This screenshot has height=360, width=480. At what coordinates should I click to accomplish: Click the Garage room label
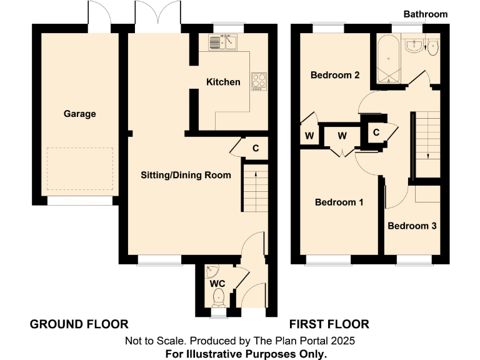click(79, 114)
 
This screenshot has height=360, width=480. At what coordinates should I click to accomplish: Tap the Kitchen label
click(223, 82)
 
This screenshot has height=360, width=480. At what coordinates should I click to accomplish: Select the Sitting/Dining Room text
click(185, 175)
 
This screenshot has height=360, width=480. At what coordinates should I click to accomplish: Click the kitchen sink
click(222, 42)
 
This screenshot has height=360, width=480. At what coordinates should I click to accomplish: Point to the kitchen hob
click(258, 81)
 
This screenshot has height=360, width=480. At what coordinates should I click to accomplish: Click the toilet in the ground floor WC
click(217, 301)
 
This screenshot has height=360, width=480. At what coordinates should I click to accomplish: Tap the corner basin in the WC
click(212, 272)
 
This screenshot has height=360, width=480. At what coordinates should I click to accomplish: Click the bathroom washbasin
click(413, 45)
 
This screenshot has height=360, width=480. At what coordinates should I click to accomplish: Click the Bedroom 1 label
click(339, 202)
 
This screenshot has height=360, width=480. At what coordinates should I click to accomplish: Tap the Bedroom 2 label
click(335, 75)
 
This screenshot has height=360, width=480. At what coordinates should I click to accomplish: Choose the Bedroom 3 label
click(412, 226)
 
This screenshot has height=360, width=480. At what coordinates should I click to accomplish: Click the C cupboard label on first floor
click(377, 132)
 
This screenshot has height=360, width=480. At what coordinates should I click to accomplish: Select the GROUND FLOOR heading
click(79, 324)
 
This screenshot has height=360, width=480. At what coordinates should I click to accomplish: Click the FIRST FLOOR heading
click(329, 324)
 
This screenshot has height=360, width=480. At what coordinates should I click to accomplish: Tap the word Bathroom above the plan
click(425, 14)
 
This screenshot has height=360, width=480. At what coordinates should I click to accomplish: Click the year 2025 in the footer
click(343, 341)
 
